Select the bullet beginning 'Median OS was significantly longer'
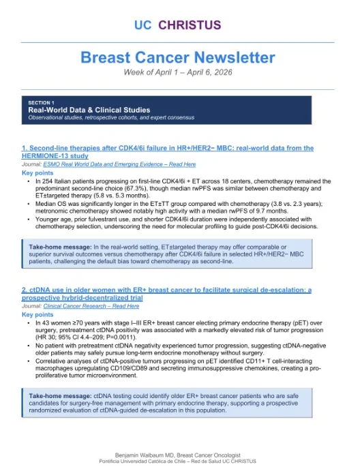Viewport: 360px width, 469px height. click(x=174, y=207)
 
